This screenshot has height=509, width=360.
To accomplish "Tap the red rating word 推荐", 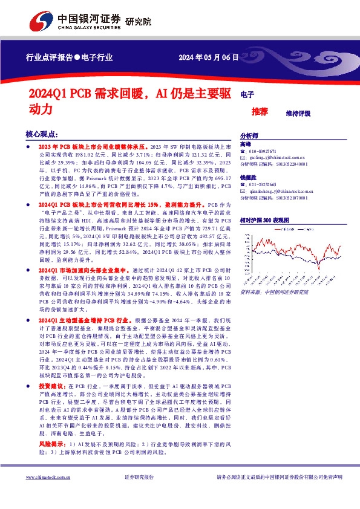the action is [x=260, y=112].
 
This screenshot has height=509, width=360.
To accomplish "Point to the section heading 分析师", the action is [x=249, y=136].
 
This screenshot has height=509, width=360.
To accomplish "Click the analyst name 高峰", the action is [x=246, y=144].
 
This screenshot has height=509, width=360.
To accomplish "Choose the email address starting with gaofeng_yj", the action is [x=278, y=157].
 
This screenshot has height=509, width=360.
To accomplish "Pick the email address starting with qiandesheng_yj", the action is [x=281, y=190].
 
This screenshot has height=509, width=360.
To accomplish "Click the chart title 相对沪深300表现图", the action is [x=264, y=221].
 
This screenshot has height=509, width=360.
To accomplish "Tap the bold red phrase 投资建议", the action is [x=52, y=385].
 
